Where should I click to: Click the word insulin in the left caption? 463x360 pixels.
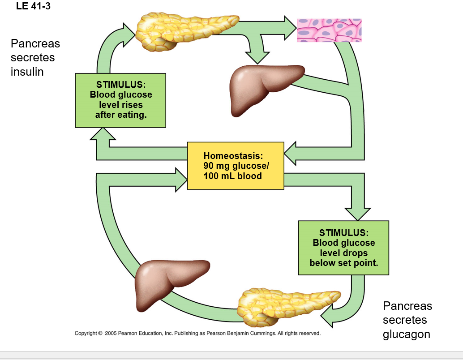click(x=27, y=72)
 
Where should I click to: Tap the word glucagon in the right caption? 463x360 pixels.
click(x=406, y=334)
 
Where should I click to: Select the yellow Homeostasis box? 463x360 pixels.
click(x=236, y=166)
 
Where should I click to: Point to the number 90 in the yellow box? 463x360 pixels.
click(x=209, y=166)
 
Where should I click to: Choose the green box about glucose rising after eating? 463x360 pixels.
click(x=120, y=100)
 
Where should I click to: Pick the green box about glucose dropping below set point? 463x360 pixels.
click(x=343, y=248)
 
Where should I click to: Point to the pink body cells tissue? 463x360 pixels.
click(x=329, y=30)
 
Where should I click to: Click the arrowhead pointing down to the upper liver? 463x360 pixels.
click(x=257, y=58)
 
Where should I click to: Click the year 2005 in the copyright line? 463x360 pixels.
click(x=111, y=333)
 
